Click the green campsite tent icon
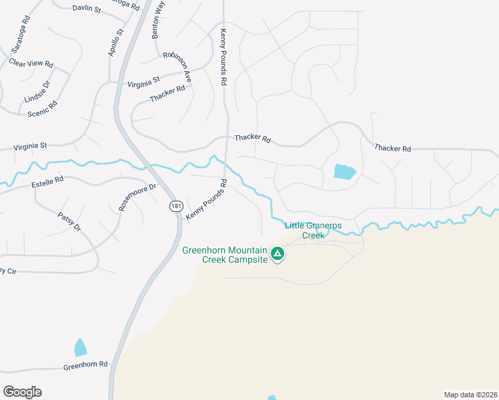[278, 253]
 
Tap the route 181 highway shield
[175, 207]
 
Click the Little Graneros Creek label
[313, 230]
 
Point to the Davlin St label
[86, 9]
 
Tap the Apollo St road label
[116, 42]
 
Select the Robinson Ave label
[177, 67]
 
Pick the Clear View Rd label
[31, 63]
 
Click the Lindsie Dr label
[37, 92]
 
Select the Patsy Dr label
[69, 222]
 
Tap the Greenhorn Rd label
[85, 365]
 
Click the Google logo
[22, 392]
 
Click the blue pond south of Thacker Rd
[344, 171]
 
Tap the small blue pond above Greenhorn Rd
[80, 347]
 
